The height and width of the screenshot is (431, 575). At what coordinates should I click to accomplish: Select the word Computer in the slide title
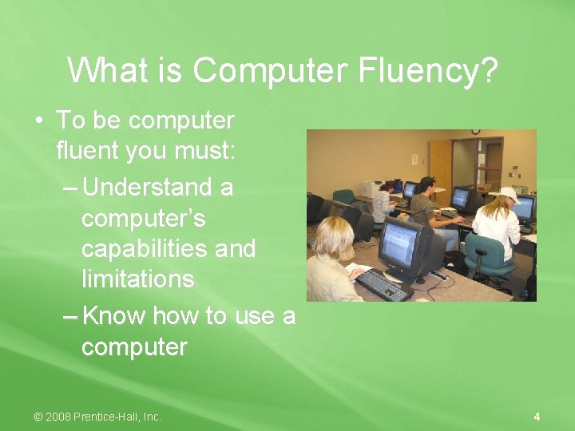pyautogui.click(x=273, y=70)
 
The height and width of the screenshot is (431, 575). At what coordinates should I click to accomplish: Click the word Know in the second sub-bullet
pyautogui.click(x=114, y=316)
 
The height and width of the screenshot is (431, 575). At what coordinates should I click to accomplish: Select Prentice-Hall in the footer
pyautogui.click(x=111, y=417)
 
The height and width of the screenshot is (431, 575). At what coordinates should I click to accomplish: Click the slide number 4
pyautogui.click(x=537, y=417)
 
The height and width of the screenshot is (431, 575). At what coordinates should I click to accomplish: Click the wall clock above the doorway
pyautogui.click(x=476, y=131)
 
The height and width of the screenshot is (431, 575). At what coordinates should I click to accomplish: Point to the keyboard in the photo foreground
pyautogui.click(x=382, y=284)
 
